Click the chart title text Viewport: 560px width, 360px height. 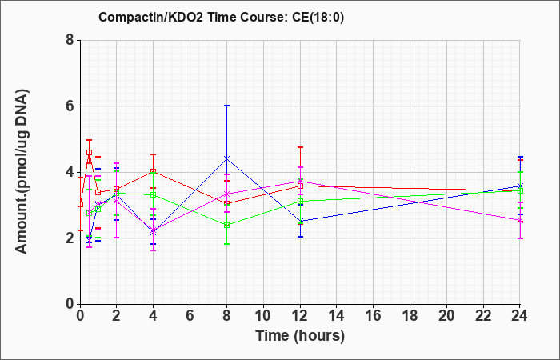[222, 17]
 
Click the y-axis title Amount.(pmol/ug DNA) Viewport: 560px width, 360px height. [22, 172]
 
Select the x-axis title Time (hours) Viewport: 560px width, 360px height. [300, 336]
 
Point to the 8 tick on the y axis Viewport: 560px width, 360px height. [70, 40]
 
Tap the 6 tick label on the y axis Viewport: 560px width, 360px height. [70, 106]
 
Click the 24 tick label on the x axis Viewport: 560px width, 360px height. [519, 316]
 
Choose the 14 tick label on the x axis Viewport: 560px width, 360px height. [337, 316]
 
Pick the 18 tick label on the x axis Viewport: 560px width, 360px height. [410, 316]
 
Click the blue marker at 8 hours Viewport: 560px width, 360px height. [226, 158]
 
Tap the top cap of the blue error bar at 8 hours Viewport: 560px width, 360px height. [226, 106]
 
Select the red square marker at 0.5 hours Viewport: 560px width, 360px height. [90, 153]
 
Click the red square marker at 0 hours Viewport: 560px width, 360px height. [80, 204]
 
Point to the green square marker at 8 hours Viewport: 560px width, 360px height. [226, 226]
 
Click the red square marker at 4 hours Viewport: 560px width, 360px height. [154, 172]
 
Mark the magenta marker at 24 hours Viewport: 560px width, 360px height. [520, 220]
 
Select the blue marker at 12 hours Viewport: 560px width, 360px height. [300, 221]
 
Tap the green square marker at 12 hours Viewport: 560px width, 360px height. [300, 202]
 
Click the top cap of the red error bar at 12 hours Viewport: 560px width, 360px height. [300, 147]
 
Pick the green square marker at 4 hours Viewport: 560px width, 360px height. [154, 195]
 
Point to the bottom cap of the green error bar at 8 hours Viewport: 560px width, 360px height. [226, 244]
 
